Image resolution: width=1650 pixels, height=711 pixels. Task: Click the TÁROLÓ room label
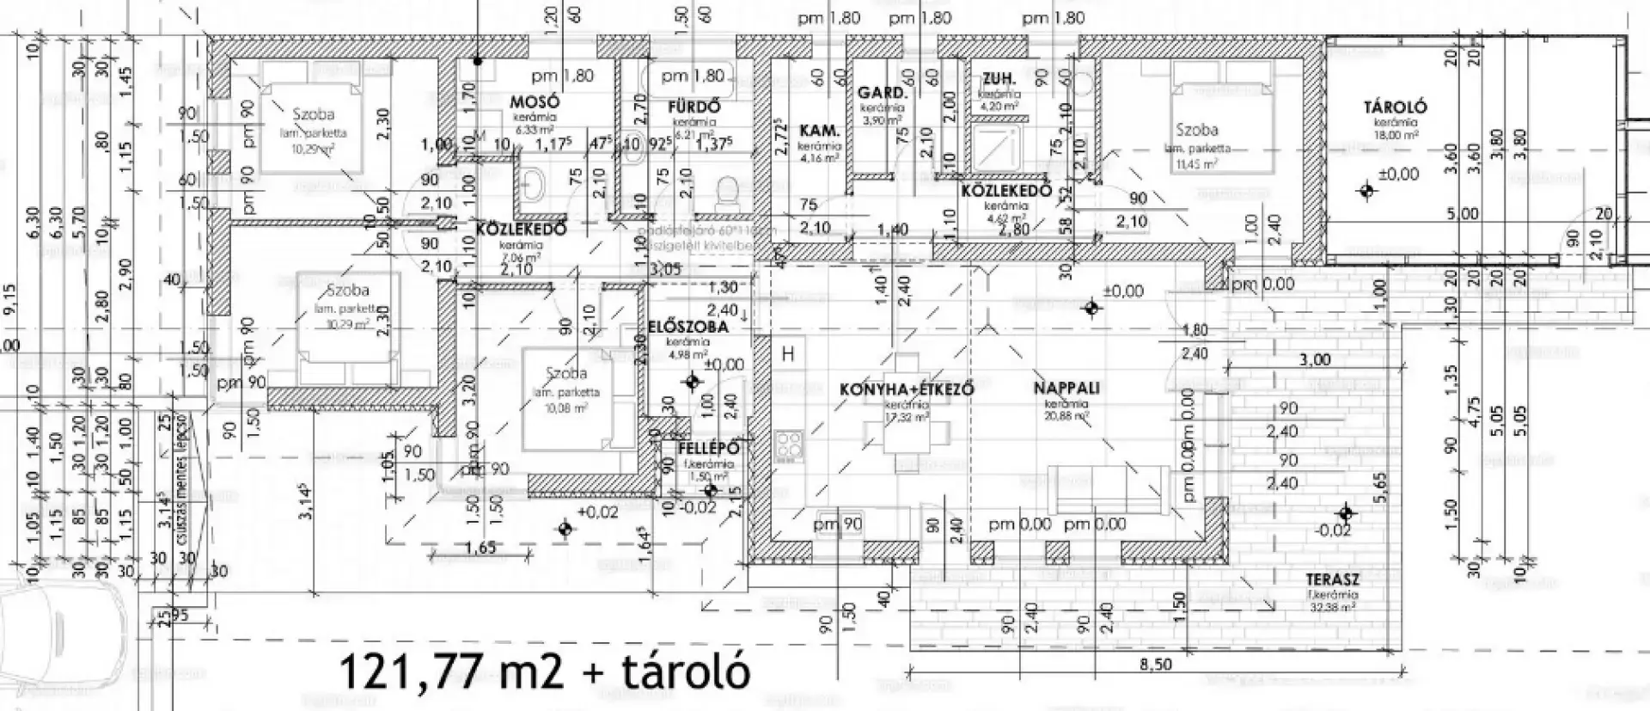1395,107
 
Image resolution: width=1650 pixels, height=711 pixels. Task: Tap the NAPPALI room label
1066,388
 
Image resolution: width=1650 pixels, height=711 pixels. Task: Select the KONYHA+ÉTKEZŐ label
906,389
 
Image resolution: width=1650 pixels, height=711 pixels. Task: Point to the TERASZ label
1332,579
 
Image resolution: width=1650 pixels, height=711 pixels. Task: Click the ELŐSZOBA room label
687,327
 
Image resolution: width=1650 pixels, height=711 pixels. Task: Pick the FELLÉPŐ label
708,449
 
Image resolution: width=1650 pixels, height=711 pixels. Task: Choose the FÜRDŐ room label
694,107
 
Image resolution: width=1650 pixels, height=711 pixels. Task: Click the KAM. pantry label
819,131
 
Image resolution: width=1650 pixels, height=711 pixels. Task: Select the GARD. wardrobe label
882,93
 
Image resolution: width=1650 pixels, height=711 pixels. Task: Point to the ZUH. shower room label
999,79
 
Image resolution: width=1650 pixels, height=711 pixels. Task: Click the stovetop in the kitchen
788,446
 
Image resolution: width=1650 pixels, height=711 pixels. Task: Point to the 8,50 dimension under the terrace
1155,665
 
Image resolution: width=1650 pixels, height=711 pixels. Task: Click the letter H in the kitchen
787,353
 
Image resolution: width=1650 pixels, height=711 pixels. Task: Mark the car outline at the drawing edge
60,636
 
